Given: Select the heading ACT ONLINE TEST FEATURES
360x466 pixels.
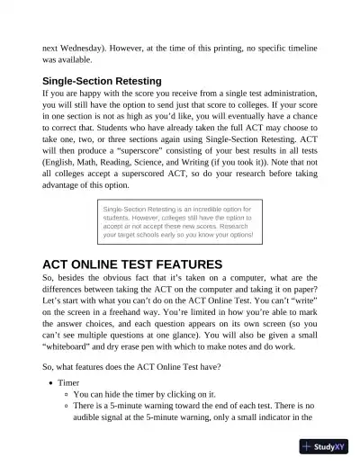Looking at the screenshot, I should coord(132,264).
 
